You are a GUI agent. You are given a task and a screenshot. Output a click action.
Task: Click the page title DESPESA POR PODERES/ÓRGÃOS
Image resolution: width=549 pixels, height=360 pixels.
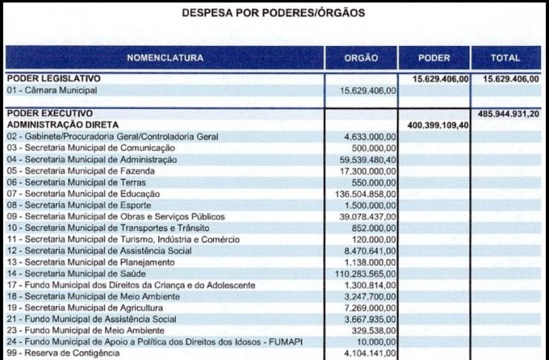[274, 13]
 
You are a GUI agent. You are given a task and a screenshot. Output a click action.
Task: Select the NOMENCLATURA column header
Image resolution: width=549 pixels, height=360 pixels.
[164, 58]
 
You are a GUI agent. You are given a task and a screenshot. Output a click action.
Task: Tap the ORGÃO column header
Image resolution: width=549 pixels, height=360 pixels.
[362, 58]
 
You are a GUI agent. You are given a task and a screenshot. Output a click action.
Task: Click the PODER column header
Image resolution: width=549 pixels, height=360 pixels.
[434, 58]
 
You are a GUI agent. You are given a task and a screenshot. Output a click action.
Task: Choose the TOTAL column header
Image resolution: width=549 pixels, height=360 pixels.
[505, 58]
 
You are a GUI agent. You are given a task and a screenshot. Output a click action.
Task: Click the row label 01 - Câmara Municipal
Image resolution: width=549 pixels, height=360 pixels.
[53, 90]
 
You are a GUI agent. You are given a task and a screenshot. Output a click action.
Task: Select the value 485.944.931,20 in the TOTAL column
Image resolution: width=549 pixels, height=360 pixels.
[510, 113]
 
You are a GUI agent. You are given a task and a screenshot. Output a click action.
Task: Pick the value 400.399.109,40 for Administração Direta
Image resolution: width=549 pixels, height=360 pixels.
[438, 125]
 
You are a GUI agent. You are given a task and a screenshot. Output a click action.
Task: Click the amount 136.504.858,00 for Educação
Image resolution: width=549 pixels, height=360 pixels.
[361, 194]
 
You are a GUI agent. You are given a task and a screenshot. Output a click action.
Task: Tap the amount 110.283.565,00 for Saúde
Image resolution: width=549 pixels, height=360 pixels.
[361, 273]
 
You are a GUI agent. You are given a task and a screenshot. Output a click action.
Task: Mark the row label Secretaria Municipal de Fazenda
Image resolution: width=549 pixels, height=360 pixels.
[82, 171]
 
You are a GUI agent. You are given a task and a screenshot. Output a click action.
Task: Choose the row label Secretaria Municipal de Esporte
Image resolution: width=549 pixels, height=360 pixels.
[81, 205]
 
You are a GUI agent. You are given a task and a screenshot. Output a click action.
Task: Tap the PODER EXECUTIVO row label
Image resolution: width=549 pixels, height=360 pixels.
[50, 113]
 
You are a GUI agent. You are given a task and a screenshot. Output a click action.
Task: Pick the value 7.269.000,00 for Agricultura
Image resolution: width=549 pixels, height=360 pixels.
[367, 307]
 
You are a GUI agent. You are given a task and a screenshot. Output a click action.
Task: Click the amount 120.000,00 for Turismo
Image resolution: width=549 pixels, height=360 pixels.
[374, 239]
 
